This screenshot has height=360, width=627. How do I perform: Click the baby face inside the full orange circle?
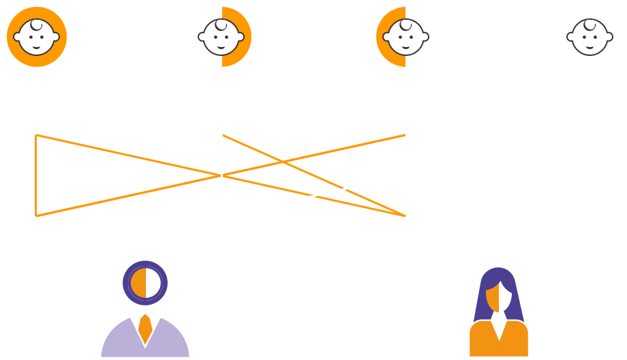click(x=37, y=39)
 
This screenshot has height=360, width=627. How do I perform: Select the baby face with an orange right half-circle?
click(x=221, y=37)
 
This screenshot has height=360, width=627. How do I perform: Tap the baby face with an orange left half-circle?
click(x=406, y=37)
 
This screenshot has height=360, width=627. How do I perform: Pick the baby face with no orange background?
click(x=590, y=37)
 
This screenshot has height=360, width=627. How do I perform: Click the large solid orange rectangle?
click(x=127, y=175)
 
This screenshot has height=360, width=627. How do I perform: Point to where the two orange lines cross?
click(x=283, y=162)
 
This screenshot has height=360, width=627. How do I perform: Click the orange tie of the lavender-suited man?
click(x=145, y=329)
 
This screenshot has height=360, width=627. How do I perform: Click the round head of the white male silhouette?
click(x=226, y=282)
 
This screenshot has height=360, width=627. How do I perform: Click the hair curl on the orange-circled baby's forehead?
click(x=36, y=25)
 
